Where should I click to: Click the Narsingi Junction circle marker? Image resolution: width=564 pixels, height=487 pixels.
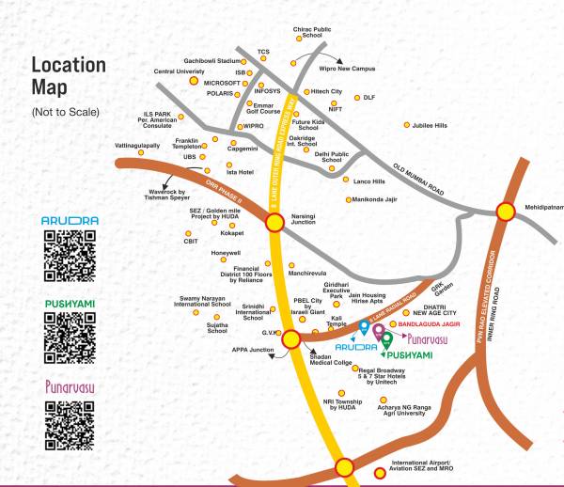pos(275,222)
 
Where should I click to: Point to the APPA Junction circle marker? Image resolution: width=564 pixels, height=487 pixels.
pos(291,339)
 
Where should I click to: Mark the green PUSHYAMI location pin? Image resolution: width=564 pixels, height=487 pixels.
pos(386,339)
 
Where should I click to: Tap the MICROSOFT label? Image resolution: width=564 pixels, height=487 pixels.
pos(223,83)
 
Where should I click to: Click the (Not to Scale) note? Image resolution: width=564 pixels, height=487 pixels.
pos(66,113)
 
